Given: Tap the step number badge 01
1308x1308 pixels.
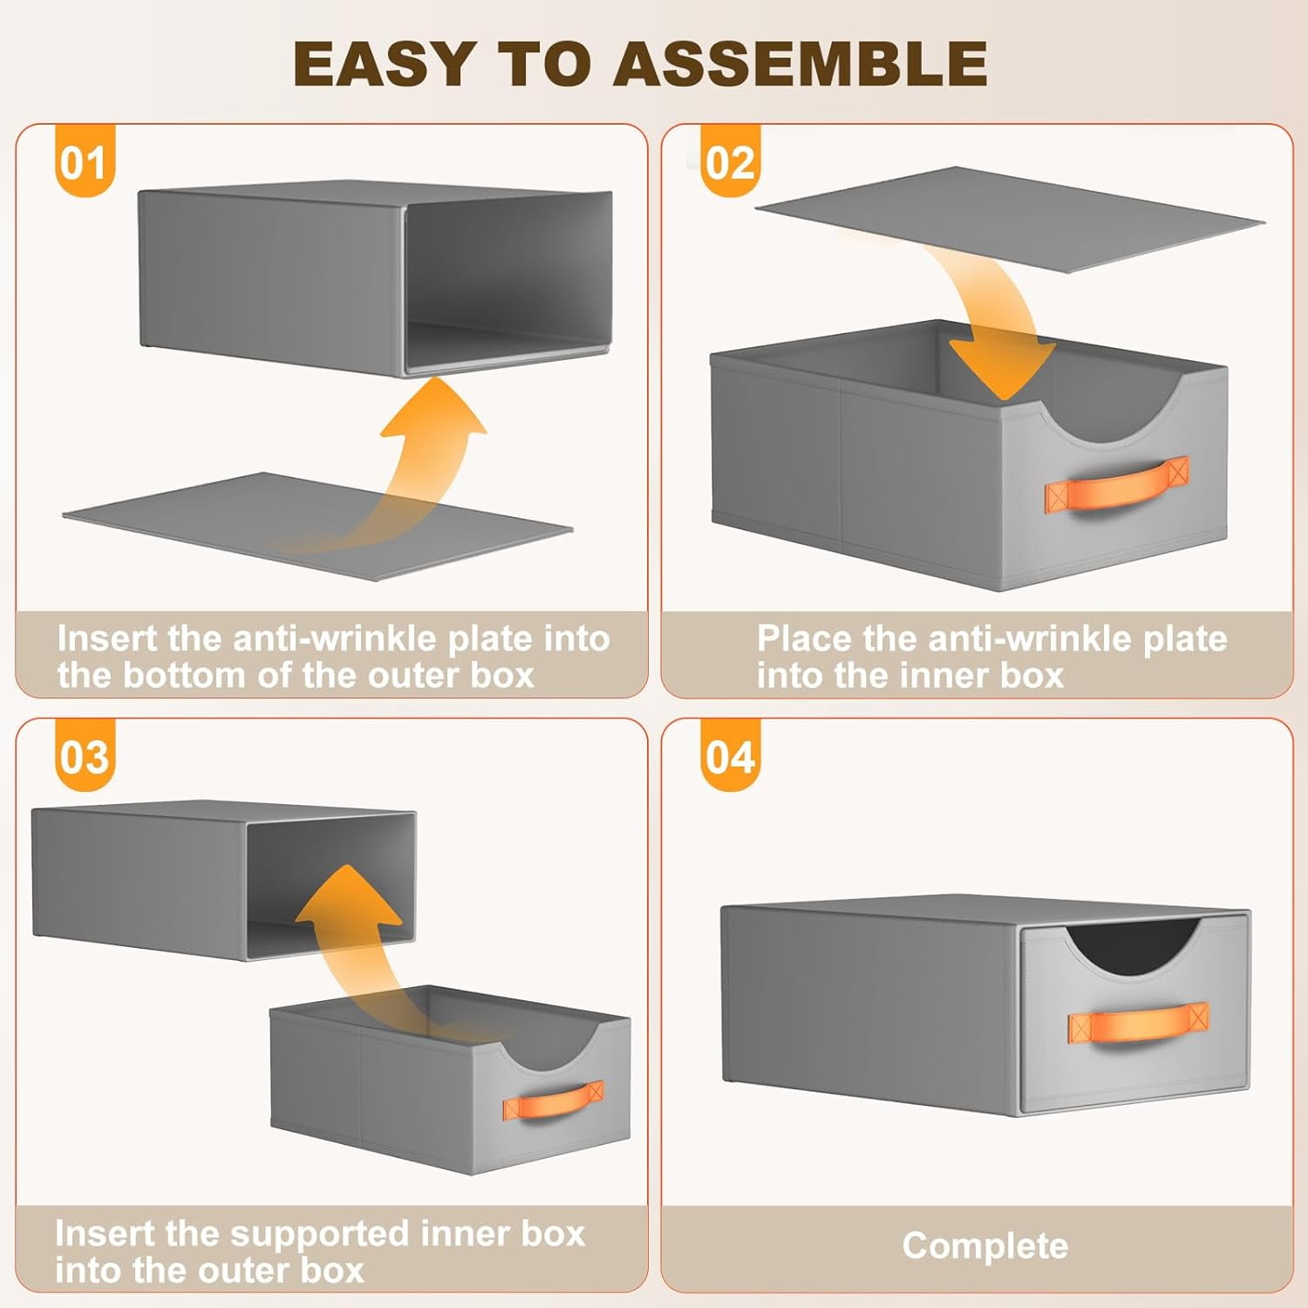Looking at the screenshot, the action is coord(84,161).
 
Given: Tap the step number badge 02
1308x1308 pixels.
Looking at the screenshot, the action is coord(730,161).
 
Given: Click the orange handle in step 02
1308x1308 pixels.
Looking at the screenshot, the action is coord(1117,487).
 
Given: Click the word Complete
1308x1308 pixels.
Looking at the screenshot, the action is coord(984,1246).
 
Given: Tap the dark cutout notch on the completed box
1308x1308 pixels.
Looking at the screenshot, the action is coord(1134,944).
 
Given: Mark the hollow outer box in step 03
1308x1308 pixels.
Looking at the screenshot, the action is coord(223,881).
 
